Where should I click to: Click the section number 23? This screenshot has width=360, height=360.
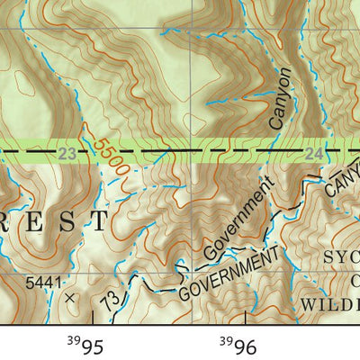pyautogui.click(x=67, y=155)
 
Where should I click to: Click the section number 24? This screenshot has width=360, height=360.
pyautogui.click(x=313, y=155)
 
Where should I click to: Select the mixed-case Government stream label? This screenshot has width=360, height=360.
pyautogui.click(x=237, y=220)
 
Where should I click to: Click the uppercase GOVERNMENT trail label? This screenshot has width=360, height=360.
pyautogui.click(x=229, y=275)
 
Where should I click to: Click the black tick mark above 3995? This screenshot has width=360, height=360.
pyautogui.click(x=93, y=316)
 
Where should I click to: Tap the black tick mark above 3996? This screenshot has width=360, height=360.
pyautogui.click(x=247, y=316)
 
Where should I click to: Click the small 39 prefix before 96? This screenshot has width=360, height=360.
pyautogui.click(x=227, y=339)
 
